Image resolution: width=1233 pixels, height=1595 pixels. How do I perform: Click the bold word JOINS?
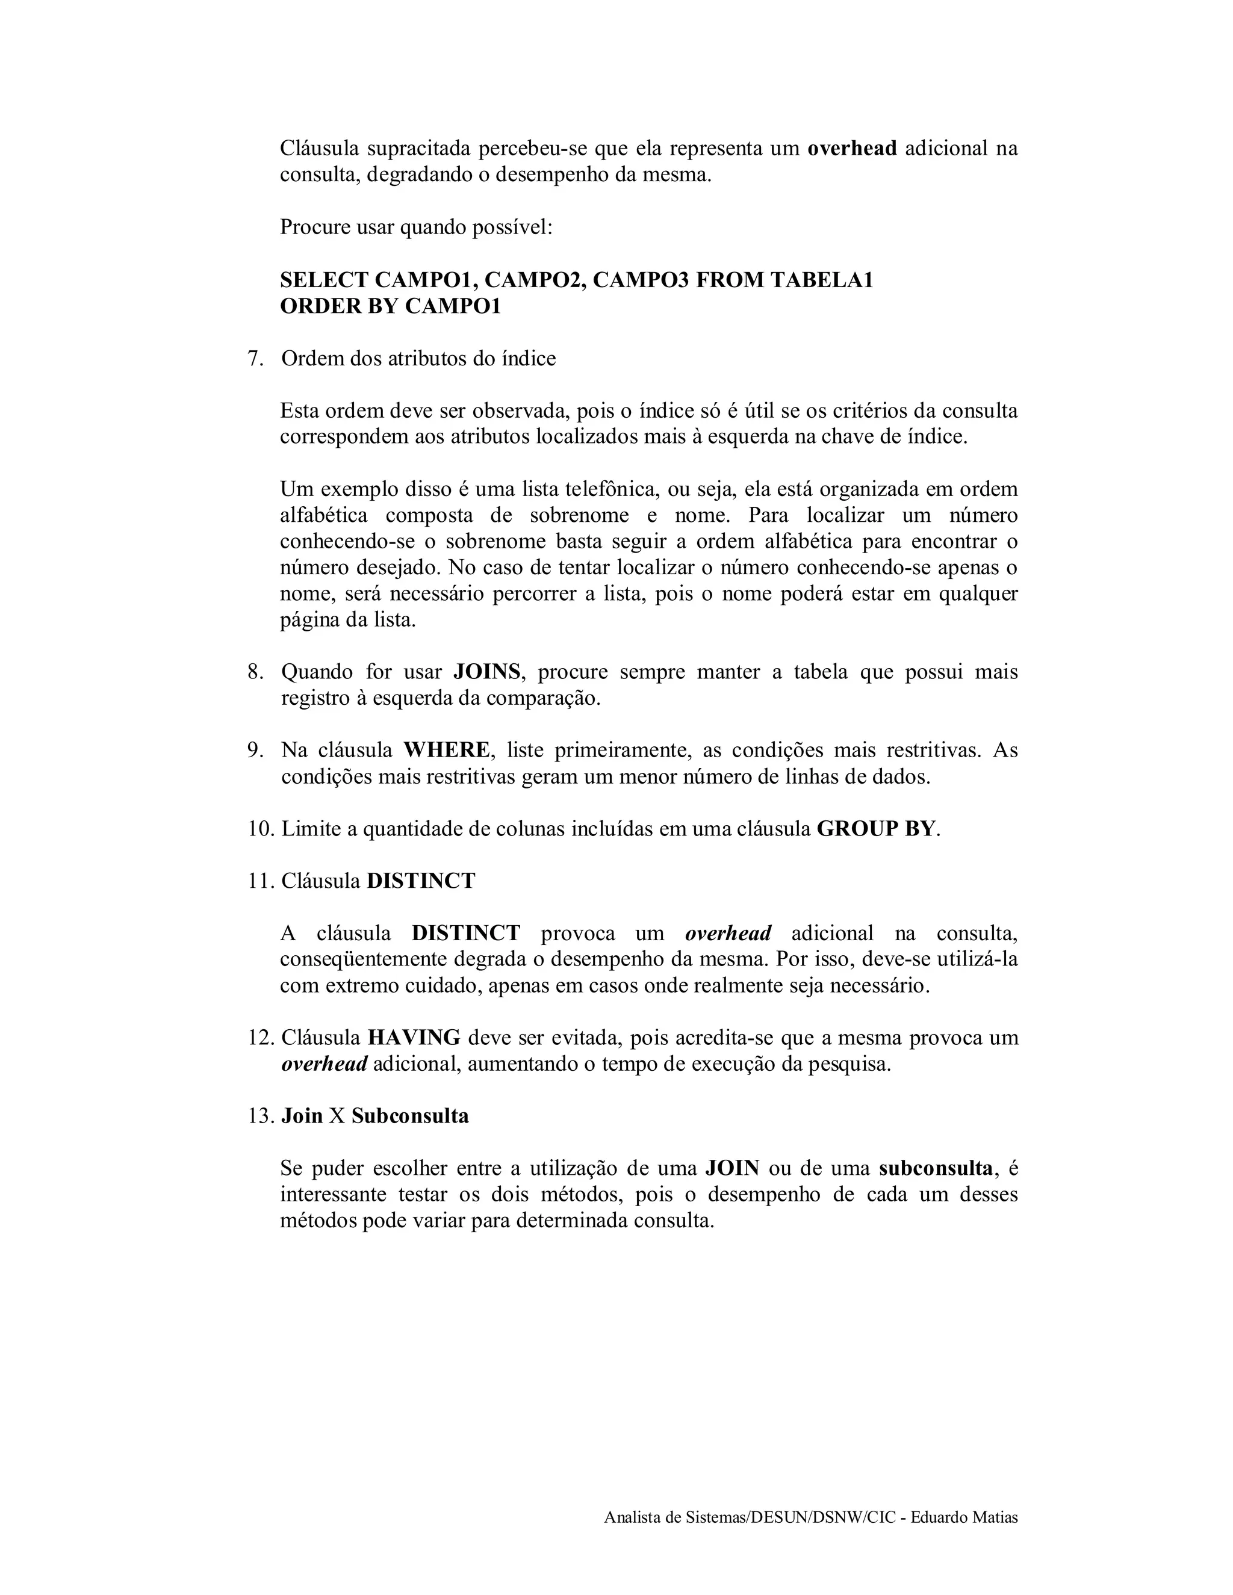click(487, 672)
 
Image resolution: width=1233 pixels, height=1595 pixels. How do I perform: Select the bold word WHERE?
click(446, 750)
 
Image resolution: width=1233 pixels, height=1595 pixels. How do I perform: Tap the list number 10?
click(261, 829)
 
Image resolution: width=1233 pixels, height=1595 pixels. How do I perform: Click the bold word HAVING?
click(414, 1037)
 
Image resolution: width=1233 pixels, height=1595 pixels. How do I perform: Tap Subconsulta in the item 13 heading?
click(410, 1116)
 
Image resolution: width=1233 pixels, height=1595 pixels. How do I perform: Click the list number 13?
click(261, 1116)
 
